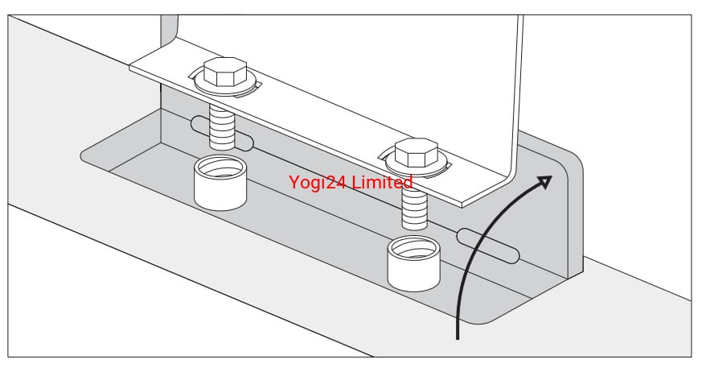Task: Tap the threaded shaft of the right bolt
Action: (416, 207)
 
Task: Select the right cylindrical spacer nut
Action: (415, 264)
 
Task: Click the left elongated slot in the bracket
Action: (222, 135)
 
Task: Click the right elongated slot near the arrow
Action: (488, 246)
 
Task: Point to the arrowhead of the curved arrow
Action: (546, 180)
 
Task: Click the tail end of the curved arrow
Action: (459, 335)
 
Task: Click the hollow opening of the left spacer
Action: (220, 168)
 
